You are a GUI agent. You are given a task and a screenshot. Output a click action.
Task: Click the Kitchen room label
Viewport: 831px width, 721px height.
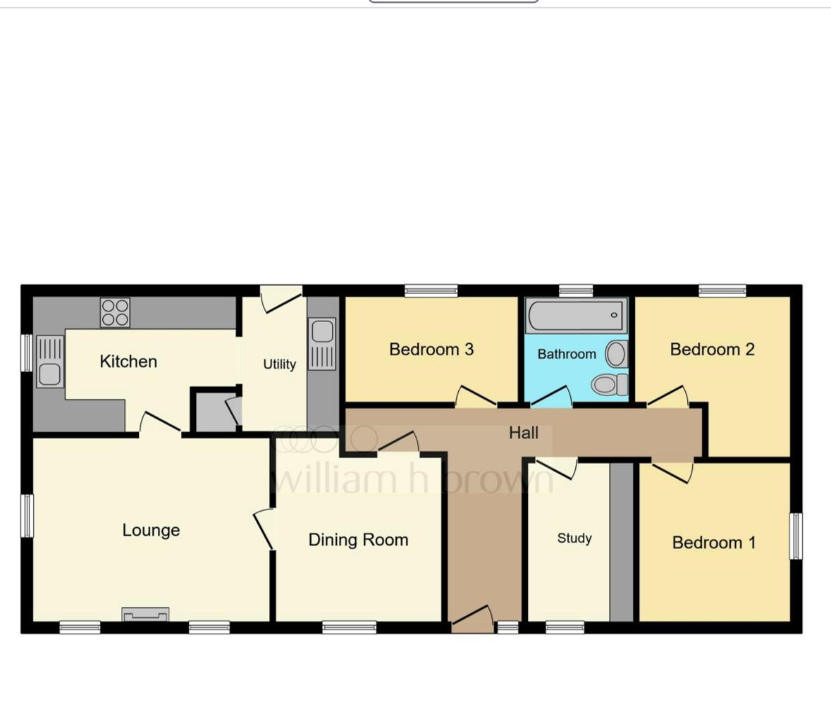[128, 362]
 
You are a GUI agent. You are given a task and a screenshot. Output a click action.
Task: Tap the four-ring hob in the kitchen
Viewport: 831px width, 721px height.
[115, 312]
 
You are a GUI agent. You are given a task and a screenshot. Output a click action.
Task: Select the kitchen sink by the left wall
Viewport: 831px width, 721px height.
[49, 362]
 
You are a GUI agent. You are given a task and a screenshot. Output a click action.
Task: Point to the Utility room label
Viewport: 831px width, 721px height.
[279, 364]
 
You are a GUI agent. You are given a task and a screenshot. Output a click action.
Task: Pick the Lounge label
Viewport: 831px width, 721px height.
[151, 530]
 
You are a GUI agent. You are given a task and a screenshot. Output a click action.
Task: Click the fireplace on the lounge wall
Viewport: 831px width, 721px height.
[145, 615]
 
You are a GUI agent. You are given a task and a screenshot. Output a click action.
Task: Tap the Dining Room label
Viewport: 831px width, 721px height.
[358, 540]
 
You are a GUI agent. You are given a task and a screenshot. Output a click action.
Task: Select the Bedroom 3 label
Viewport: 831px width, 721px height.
[431, 350]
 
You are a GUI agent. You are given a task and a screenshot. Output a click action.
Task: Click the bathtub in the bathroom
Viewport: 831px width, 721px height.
[575, 316]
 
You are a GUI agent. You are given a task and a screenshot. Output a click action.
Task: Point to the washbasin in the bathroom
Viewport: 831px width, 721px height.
[615, 354]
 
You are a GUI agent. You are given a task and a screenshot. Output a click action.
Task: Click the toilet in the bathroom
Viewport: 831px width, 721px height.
[610, 384]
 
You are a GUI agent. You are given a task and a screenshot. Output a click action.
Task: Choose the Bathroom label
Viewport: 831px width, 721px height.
[566, 354]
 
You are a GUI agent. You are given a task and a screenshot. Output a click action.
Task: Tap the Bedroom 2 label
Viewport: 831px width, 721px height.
[712, 350]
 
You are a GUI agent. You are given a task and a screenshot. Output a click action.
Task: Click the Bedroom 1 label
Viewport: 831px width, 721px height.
[713, 543]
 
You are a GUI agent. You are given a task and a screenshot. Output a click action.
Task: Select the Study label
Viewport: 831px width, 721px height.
[574, 538]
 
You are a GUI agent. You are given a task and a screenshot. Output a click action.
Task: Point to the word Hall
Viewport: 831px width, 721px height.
[524, 433]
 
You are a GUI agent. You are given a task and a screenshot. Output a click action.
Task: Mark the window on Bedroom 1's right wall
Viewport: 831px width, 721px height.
[795, 536]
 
